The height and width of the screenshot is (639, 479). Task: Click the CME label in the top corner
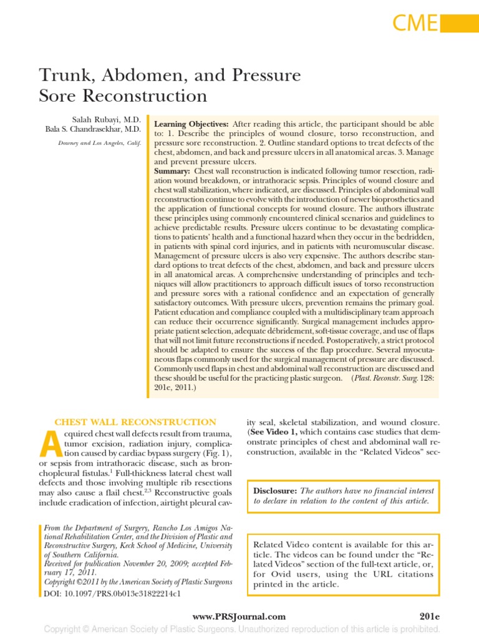415,23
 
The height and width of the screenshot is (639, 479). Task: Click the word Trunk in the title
64,77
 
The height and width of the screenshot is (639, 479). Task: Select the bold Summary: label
172,171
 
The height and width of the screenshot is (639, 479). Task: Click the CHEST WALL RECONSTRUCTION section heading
136,422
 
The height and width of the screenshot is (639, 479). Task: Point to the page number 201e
430,617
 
